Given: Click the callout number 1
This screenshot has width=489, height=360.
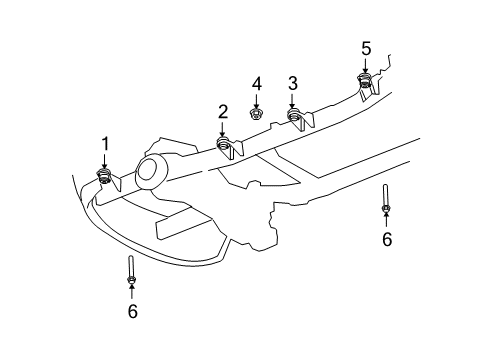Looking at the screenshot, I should [x=104, y=145].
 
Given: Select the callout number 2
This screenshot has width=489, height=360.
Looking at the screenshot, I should [x=223, y=111].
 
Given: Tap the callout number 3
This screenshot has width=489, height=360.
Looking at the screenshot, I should [x=293, y=83].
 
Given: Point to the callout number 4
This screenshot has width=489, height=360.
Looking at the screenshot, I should [x=256, y=83].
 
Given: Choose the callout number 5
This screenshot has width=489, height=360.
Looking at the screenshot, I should [x=366, y=48].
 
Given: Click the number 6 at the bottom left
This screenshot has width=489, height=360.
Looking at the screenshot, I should [x=132, y=311].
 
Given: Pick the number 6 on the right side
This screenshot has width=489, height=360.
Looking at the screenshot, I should [x=386, y=238].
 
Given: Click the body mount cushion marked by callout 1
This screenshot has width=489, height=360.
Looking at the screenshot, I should [x=104, y=178].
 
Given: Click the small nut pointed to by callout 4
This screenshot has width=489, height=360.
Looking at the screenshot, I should [x=256, y=114].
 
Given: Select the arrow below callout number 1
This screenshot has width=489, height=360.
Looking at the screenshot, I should [x=104, y=162].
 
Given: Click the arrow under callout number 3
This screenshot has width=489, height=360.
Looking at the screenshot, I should [x=293, y=101].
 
